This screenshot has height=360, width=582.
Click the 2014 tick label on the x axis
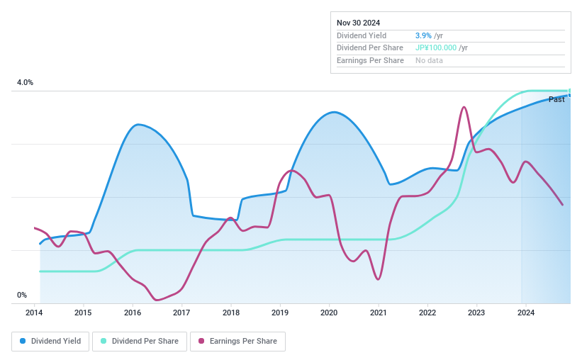pos(35,313)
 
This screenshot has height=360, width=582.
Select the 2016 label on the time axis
pos(133,313)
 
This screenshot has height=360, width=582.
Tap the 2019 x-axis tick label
pos(280,313)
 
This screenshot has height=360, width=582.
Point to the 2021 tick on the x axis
pos(378,313)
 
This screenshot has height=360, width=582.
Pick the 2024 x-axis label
pos(525,313)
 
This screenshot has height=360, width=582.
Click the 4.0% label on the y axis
pos(25,83)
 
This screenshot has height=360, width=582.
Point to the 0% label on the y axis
pos(21,296)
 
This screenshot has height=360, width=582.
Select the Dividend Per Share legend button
pos(140,341)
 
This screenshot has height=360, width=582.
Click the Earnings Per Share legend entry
pos(237,341)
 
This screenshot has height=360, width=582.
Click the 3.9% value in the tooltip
pos(422,35)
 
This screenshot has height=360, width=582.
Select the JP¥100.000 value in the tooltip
pos(436,48)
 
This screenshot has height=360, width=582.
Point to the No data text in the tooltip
pos(430,61)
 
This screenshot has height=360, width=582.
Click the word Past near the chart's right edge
pos(556,99)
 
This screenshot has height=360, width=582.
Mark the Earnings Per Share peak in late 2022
pos(464,107)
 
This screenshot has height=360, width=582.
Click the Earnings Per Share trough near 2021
pos(379,279)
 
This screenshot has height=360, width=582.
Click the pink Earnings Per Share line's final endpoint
pos(563,205)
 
